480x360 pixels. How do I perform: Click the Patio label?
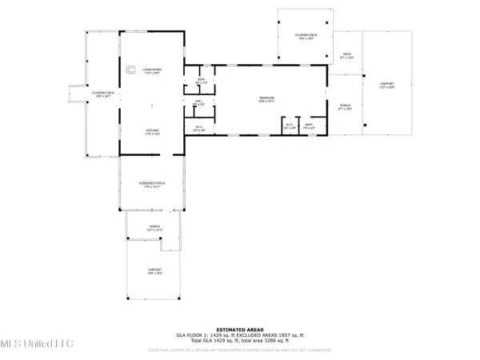coord(346,55)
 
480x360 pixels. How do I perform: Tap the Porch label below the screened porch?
coord(154,228)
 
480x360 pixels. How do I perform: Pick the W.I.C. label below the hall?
coord(199,128)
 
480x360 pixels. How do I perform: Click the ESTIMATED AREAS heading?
coord(239,324)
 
